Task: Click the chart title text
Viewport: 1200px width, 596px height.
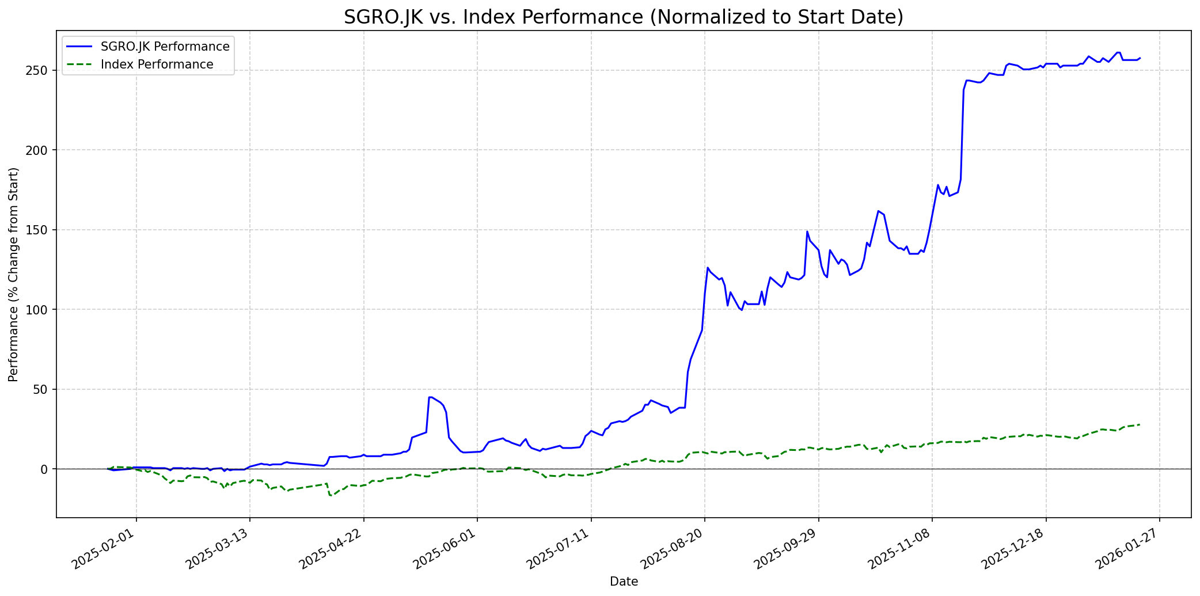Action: pyautogui.click(x=623, y=17)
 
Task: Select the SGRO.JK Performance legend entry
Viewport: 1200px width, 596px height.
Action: pyautogui.click(x=165, y=47)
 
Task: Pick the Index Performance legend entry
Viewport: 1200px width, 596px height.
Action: pyautogui.click(x=157, y=64)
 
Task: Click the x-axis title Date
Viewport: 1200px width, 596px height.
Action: pyautogui.click(x=624, y=582)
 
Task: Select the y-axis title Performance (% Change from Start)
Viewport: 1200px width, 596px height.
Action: pyautogui.click(x=14, y=274)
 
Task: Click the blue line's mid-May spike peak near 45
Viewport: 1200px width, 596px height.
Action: pyautogui.click(x=430, y=397)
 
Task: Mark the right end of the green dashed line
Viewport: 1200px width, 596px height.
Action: pyautogui.click(x=1140, y=425)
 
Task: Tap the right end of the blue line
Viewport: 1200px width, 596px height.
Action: pyautogui.click(x=1140, y=58)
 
